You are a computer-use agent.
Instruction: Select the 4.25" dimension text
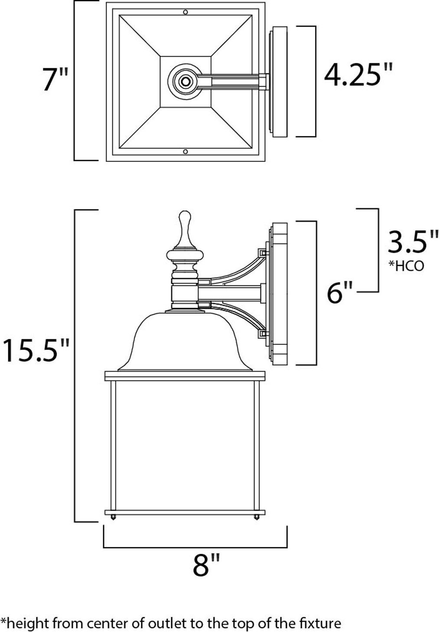pos(358,75)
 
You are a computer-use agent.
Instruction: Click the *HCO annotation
pos(406,266)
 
